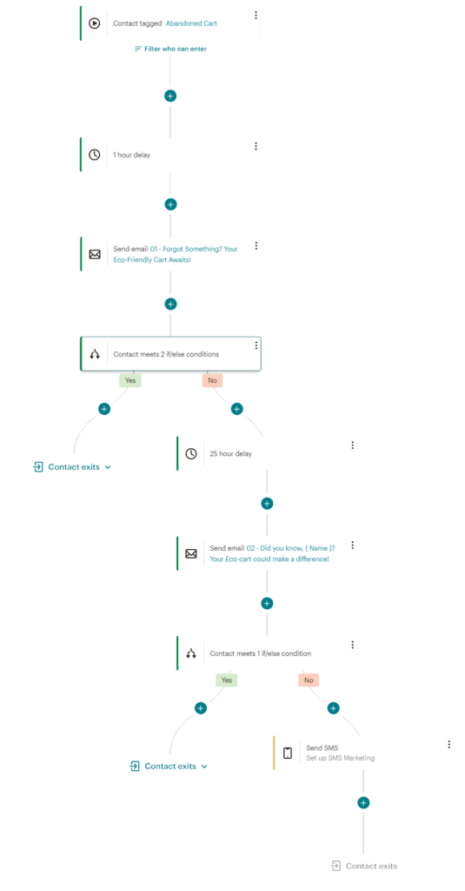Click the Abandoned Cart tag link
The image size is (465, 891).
pos(191,23)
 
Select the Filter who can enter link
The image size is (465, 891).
pos(170,49)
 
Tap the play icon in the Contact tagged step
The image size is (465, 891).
pos(94,23)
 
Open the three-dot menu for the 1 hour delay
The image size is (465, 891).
pos(256,146)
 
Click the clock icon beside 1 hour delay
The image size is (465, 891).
pos(94,155)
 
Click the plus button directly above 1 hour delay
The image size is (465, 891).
pos(170,96)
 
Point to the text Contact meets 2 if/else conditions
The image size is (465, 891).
pos(166,354)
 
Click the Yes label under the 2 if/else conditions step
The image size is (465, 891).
pos(130,381)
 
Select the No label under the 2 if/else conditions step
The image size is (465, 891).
pos(212,381)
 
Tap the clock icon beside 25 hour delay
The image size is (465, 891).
pos(191,454)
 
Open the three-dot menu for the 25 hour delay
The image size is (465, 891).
pos(353,445)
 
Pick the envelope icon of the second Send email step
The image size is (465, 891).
pos(191,553)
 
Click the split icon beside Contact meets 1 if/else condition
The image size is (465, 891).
pos(191,653)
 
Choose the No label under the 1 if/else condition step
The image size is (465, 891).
pos(309,680)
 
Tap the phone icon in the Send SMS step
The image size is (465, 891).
pos(288,754)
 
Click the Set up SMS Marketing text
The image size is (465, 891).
pos(341,758)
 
